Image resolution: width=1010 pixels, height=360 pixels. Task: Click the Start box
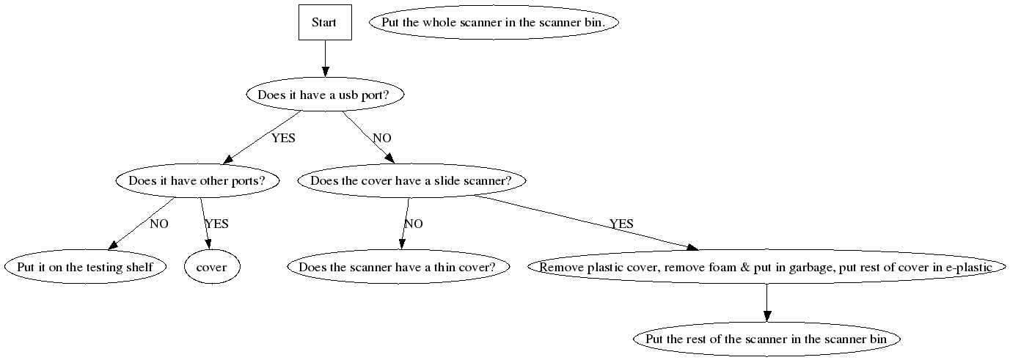tap(324, 22)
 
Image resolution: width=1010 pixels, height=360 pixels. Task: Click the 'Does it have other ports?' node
tap(197, 180)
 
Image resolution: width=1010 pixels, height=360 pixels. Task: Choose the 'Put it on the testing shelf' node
tap(85, 267)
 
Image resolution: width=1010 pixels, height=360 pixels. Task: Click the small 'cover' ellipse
tap(211, 267)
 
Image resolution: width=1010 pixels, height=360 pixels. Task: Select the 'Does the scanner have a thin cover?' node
tap(403, 267)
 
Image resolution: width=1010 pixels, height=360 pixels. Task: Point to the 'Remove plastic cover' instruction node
tap(765, 267)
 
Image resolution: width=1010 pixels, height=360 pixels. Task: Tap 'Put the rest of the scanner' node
tap(766, 339)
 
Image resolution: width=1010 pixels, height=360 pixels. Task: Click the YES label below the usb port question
tap(283, 138)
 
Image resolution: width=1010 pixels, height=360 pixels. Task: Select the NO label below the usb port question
tap(381, 138)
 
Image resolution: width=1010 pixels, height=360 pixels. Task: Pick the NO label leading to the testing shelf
tap(158, 224)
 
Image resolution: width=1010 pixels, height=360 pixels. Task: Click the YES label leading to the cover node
tap(216, 224)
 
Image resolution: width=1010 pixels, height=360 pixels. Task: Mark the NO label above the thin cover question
tap(414, 224)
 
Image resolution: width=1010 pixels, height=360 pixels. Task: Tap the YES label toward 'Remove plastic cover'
tap(621, 224)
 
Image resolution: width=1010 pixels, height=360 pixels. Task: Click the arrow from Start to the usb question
tap(324, 58)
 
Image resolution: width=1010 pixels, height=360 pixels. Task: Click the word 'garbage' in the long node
tap(812, 268)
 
